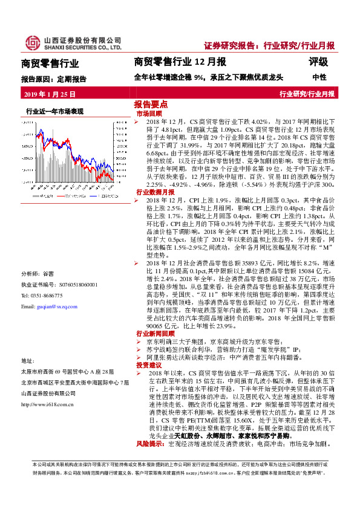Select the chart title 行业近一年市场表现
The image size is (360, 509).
click(54, 112)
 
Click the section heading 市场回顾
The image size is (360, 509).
click(149, 113)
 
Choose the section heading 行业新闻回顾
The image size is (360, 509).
click(153, 333)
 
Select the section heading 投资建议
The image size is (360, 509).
click(149, 366)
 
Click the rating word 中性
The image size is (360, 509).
click(319, 77)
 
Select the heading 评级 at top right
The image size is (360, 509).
click(319, 62)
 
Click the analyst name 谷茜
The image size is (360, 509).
click(49, 273)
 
